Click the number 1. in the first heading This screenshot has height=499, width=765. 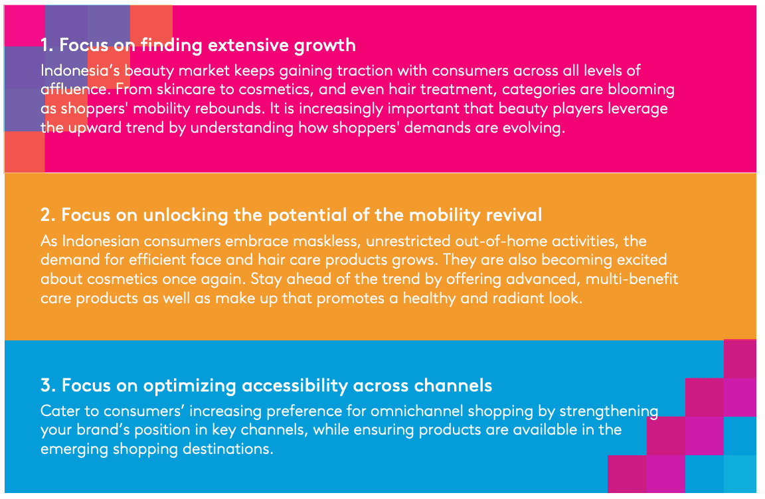coord(47,45)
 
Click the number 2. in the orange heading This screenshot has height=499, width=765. coord(48,216)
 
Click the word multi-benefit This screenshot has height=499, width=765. coord(632,279)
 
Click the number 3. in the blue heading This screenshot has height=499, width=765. coord(48,386)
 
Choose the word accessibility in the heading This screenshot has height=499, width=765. coord(295,386)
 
